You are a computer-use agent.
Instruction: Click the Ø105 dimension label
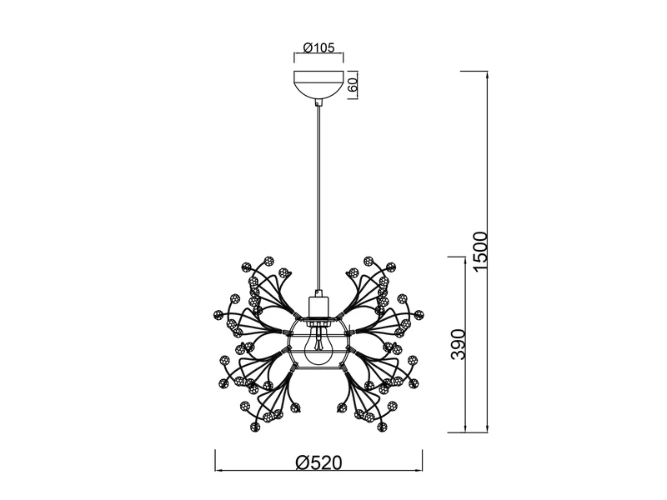tap(318, 47)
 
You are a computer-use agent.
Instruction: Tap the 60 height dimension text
tap(352, 85)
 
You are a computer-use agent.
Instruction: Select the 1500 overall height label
tap(479, 251)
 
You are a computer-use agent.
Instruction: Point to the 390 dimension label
tap(459, 344)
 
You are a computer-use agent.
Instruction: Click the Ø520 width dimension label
tap(318, 462)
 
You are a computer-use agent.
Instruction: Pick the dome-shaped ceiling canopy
tap(318, 85)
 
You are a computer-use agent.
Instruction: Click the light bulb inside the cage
tap(318, 344)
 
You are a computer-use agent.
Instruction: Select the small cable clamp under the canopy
tap(318, 102)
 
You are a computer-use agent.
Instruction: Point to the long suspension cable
tap(318, 197)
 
